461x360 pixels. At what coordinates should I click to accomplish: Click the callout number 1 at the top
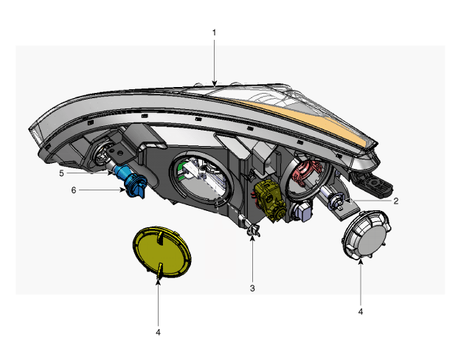[215, 32]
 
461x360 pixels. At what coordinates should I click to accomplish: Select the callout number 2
[396, 201]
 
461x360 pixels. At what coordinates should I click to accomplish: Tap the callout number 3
[252, 288]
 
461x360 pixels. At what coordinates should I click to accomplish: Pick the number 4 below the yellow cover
[158, 333]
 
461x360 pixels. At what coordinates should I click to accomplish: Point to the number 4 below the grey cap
[361, 311]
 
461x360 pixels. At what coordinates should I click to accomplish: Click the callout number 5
[61, 173]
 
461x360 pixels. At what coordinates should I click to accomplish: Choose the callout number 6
[74, 190]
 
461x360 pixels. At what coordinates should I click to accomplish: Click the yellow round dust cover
[162, 252]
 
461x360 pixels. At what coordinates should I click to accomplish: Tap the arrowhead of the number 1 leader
[215, 83]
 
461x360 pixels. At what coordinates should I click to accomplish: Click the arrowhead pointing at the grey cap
[361, 262]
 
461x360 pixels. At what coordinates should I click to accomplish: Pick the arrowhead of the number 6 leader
[123, 190]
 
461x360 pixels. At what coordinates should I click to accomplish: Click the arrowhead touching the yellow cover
[158, 282]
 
